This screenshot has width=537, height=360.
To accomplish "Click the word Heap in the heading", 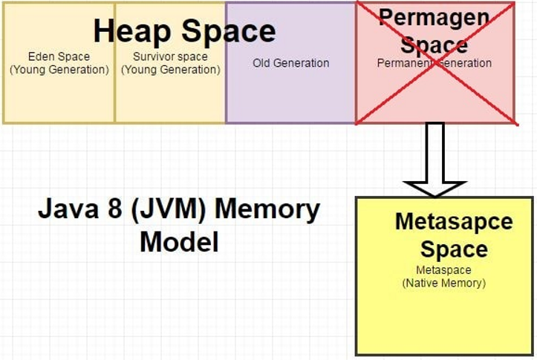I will [x=131, y=31].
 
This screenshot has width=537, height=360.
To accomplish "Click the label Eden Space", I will [x=59, y=56].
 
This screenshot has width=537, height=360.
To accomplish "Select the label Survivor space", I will [x=170, y=56].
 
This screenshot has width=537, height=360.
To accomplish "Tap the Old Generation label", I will [x=290, y=63].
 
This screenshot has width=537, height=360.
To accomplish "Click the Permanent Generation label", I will [x=435, y=63].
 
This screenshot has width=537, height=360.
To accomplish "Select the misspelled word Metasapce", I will [x=454, y=221].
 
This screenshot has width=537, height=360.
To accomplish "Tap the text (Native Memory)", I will [x=443, y=283].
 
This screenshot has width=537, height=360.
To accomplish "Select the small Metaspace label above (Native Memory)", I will [x=443, y=270].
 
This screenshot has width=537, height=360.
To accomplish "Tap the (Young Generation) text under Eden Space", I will [x=59, y=70].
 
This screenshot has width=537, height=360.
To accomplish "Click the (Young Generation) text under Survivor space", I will [x=170, y=70].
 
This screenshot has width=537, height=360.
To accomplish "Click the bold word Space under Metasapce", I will [x=454, y=249].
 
